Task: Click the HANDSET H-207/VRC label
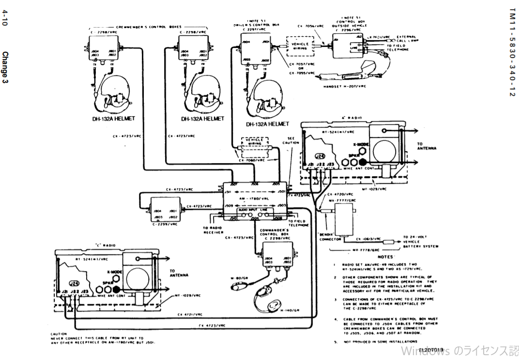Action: (345, 86)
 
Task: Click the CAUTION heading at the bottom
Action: (59, 334)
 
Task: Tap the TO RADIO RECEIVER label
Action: (214, 230)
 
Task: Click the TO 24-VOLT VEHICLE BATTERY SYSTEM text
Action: (420, 242)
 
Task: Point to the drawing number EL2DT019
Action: (431, 349)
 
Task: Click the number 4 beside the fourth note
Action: (335, 319)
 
